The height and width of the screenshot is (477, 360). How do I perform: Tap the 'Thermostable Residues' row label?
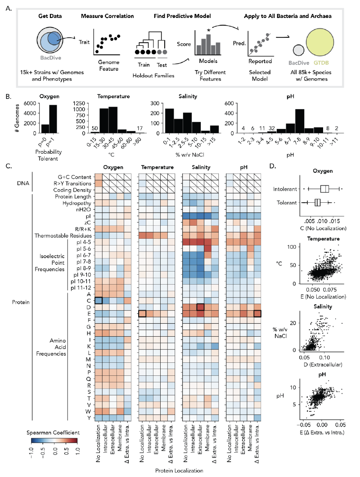63,236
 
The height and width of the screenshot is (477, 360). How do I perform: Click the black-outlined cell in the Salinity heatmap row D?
200,307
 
